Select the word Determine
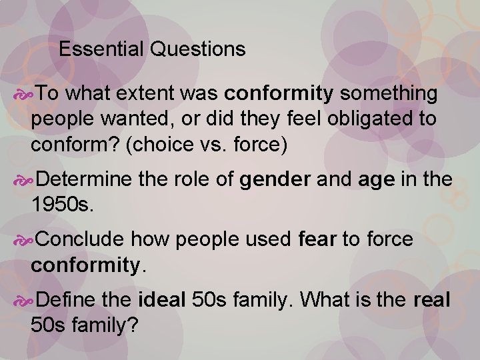point(85,179)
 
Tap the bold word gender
point(275,179)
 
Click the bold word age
point(377,179)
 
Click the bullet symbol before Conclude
point(25,239)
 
